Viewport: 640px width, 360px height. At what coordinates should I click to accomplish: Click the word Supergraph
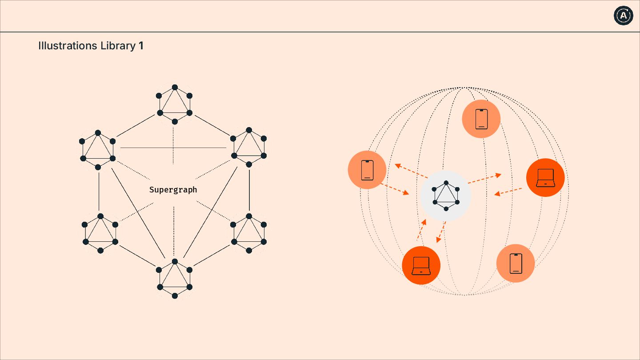click(x=173, y=190)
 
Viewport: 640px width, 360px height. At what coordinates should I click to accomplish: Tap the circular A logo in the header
click(x=623, y=16)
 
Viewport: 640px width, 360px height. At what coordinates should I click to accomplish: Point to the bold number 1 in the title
click(x=141, y=46)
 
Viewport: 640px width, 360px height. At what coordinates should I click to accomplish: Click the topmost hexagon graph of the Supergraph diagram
click(x=175, y=104)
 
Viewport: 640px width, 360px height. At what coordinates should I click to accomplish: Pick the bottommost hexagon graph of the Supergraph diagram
click(x=175, y=279)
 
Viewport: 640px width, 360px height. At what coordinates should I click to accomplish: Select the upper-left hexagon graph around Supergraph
click(x=98, y=150)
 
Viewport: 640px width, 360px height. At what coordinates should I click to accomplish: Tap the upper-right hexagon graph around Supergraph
click(x=249, y=147)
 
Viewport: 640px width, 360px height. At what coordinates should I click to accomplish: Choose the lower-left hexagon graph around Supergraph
click(x=100, y=233)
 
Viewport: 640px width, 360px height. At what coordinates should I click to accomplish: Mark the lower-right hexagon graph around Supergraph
click(x=249, y=233)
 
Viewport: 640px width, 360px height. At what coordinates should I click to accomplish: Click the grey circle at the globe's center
click(x=446, y=196)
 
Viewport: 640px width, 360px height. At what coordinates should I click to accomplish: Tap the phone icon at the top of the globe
click(x=481, y=119)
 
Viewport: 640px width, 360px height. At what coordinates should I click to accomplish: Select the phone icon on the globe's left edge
click(x=367, y=170)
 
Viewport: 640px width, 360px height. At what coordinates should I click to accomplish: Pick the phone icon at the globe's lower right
click(x=516, y=263)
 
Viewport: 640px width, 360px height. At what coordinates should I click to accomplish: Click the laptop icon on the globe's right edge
click(x=545, y=178)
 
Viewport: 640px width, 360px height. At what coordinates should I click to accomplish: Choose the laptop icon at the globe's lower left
click(x=421, y=265)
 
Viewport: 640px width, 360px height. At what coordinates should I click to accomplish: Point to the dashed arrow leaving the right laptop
click(x=508, y=192)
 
